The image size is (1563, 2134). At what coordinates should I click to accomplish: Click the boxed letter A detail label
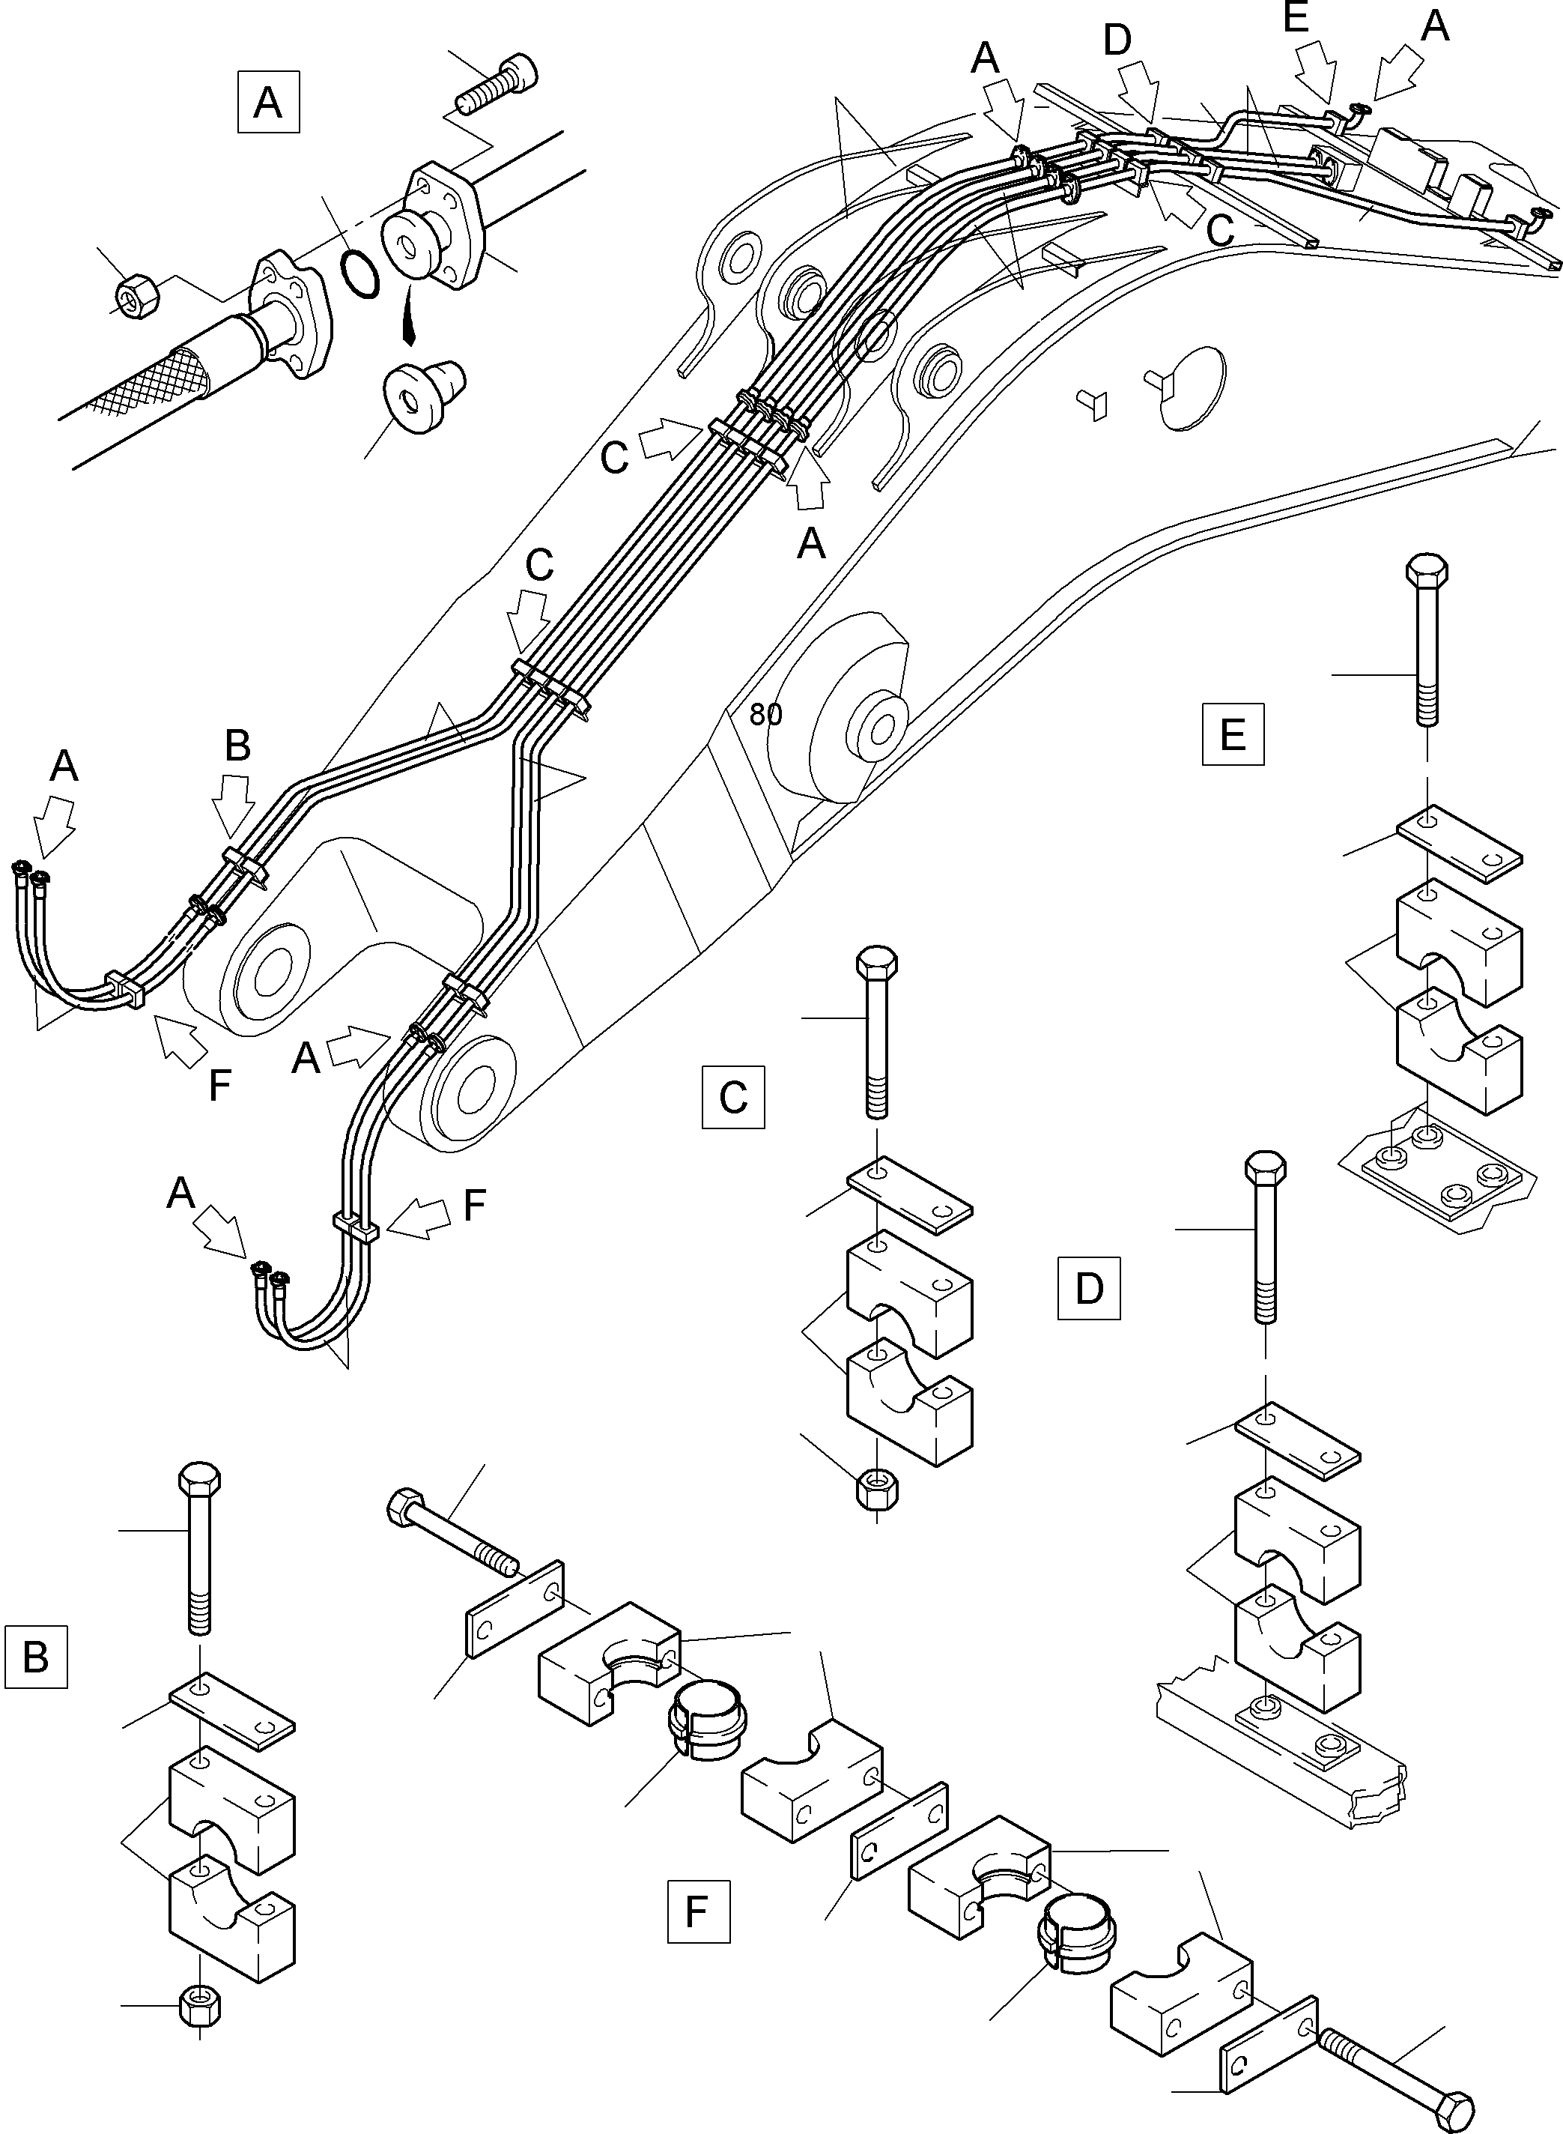[x=268, y=102]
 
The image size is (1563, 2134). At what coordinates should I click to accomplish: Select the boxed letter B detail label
[x=36, y=1656]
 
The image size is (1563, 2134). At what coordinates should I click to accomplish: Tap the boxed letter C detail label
[x=733, y=1096]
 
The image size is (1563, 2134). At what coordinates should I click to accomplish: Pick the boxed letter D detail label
[x=1088, y=1288]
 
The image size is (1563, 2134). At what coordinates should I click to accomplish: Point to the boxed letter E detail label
[x=1233, y=733]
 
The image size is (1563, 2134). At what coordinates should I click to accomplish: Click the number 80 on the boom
[x=765, y=715]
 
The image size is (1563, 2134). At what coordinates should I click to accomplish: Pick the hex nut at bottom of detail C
[x=877, y=1493]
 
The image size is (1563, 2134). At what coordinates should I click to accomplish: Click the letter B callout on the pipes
[x=237, y=746]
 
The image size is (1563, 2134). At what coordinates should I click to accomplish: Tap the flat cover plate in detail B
[x=232, y=1706]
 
